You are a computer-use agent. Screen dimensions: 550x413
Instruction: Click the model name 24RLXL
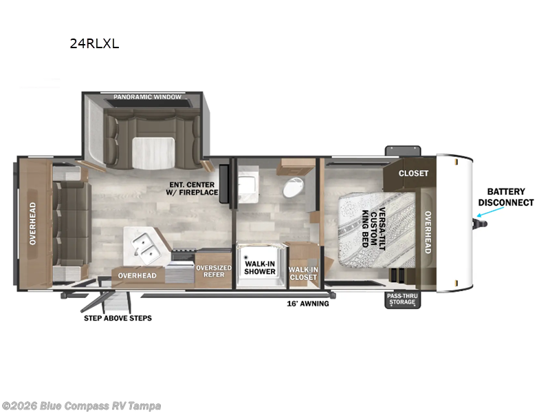(x=94, y=43)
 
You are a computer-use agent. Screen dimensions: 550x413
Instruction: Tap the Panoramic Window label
(x=147, y=97)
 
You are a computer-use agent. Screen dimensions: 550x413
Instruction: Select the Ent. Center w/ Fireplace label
(x=192, y=189)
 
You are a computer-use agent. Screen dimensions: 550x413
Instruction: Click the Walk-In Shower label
(x=260, y=268)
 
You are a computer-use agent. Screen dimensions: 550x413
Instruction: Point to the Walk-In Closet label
(x=303, y=273)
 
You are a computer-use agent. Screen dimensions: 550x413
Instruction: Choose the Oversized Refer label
(x=214, y=271)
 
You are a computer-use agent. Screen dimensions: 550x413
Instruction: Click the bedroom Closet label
(x=414, y=173)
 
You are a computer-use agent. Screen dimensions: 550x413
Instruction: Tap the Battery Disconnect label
(x=506, y=197)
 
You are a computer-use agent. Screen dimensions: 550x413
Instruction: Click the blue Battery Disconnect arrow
(x=490, y=212)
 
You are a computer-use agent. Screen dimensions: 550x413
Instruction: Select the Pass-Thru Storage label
(x=402, y=299)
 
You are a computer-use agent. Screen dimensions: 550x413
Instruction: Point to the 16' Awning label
(x=308, y=304)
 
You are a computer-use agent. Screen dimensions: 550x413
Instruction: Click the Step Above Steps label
(x=118, y=318)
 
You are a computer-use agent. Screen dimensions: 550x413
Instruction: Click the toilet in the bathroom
(x=293, y=187)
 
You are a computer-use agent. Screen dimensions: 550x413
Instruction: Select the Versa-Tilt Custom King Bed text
(x=373, y=229)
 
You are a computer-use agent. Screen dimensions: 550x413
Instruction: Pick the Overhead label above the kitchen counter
(x=137, y=276)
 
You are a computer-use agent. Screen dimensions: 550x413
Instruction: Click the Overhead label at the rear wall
(x=32, y=224)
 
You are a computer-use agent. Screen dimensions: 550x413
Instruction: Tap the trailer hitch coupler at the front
(x=480, y=224)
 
